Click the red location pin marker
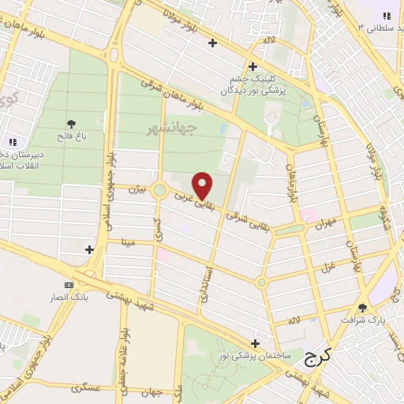(204, 185)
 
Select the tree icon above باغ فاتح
(72, 124)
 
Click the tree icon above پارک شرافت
(363, 308)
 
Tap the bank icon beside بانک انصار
(69, 285)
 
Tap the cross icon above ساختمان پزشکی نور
(254, 344)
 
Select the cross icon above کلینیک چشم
(252, 66)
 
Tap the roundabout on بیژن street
(160, 189)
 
